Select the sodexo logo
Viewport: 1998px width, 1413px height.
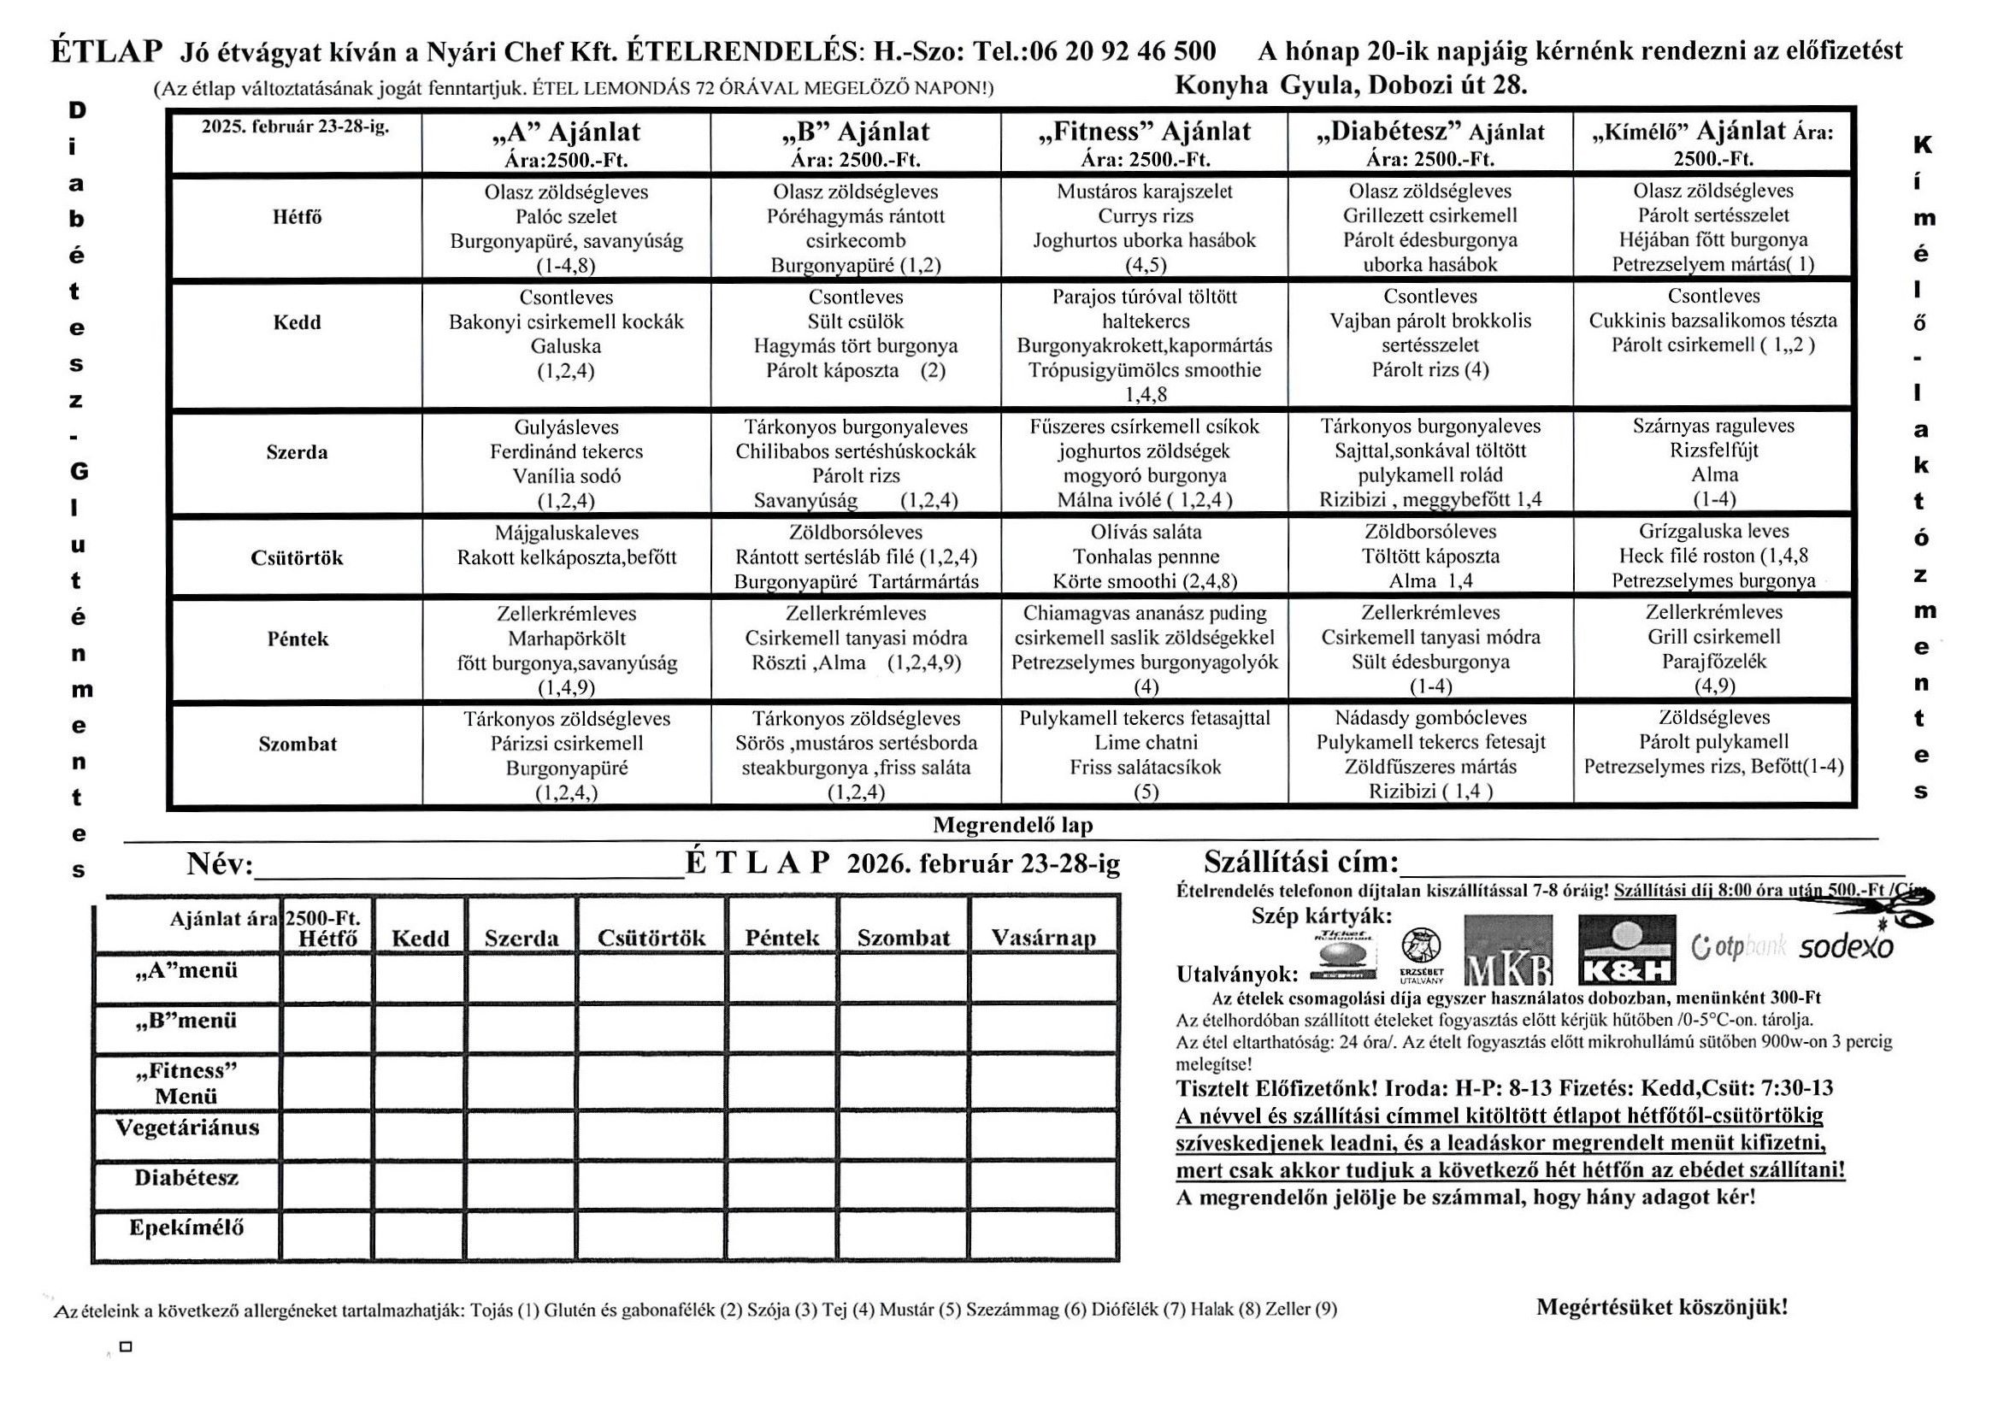[1845, 947]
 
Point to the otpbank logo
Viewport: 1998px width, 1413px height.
[1738, 946]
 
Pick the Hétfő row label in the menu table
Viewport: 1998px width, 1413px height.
[297, 216]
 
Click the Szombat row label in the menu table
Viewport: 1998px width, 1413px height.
[297, 744]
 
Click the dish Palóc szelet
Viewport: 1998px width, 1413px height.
[566, 215]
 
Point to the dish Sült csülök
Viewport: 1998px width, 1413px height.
[856, 321]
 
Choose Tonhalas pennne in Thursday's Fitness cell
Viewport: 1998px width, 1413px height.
[1146, 556]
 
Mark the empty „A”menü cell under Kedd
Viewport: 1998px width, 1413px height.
[420, 978]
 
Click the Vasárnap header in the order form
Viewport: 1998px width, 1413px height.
[1042, 938]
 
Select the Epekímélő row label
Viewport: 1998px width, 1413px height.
[186, 1227]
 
